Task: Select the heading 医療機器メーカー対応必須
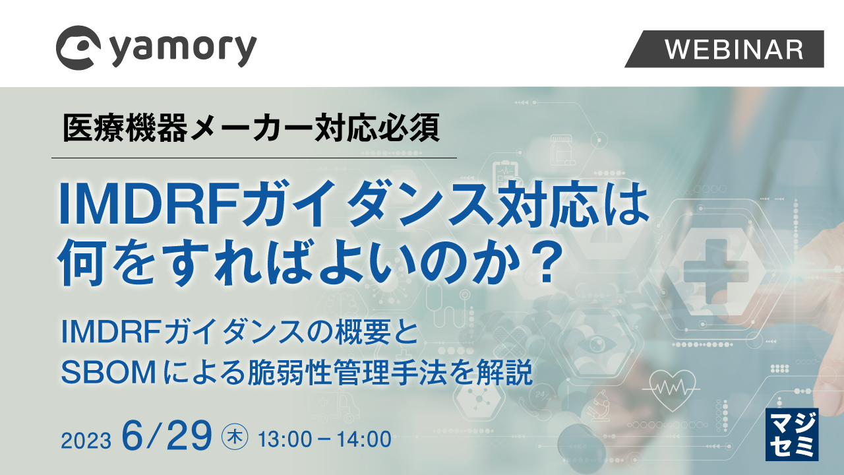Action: (251, 128)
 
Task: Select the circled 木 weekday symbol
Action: (235, 437)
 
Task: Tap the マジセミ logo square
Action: (791, 433)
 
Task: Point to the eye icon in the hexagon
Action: (597, 344)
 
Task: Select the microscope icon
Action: (601, 404)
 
